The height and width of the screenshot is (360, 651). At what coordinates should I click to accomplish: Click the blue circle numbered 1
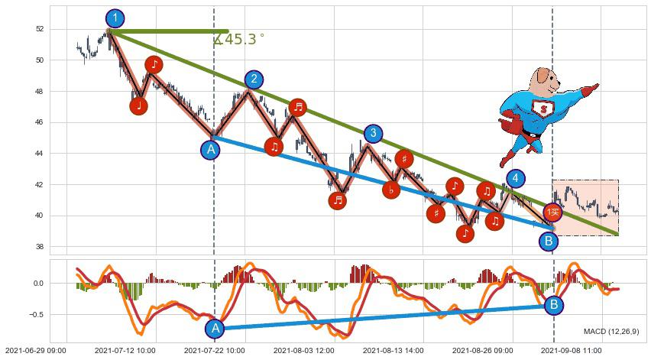[115, 18]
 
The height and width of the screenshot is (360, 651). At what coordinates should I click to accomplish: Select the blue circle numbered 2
[254, 79]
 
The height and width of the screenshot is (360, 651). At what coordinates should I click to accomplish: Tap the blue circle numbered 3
[372, 135]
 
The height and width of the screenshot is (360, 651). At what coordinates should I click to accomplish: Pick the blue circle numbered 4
[516, 179]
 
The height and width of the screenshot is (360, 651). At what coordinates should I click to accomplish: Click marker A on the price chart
[211, 149]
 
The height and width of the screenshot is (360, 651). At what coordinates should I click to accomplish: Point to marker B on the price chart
[548, 242]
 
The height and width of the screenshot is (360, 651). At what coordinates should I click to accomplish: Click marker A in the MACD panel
[215, 328]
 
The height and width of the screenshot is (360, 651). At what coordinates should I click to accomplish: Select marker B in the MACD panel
[555, 306]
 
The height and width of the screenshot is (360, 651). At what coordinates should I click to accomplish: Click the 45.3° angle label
[239, 40]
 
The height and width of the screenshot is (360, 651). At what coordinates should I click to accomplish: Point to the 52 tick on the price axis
[40, 29]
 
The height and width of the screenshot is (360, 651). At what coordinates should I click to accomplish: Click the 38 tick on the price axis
[40, 247]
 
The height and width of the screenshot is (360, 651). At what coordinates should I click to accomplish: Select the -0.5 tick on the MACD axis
[36, 314]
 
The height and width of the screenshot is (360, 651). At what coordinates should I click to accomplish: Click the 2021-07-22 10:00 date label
[215, 350]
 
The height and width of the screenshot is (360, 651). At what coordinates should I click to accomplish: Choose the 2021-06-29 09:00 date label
[37, 350]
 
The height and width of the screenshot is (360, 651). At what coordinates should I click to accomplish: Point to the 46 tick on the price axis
[40, 122]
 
